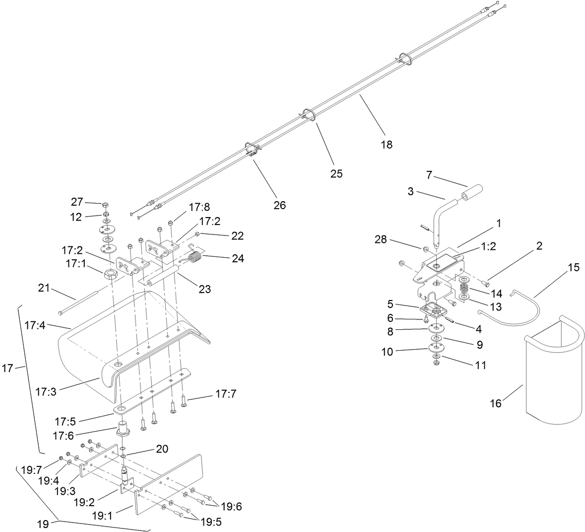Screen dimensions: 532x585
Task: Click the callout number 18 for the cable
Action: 387,145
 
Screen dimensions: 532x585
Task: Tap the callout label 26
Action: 280,205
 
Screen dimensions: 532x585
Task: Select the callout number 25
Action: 336,174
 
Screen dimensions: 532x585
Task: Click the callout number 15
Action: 573,267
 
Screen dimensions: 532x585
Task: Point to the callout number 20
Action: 162,449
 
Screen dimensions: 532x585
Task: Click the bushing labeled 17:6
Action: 123,429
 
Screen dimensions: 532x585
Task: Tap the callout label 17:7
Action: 226,394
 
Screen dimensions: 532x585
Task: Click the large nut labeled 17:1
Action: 109,275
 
